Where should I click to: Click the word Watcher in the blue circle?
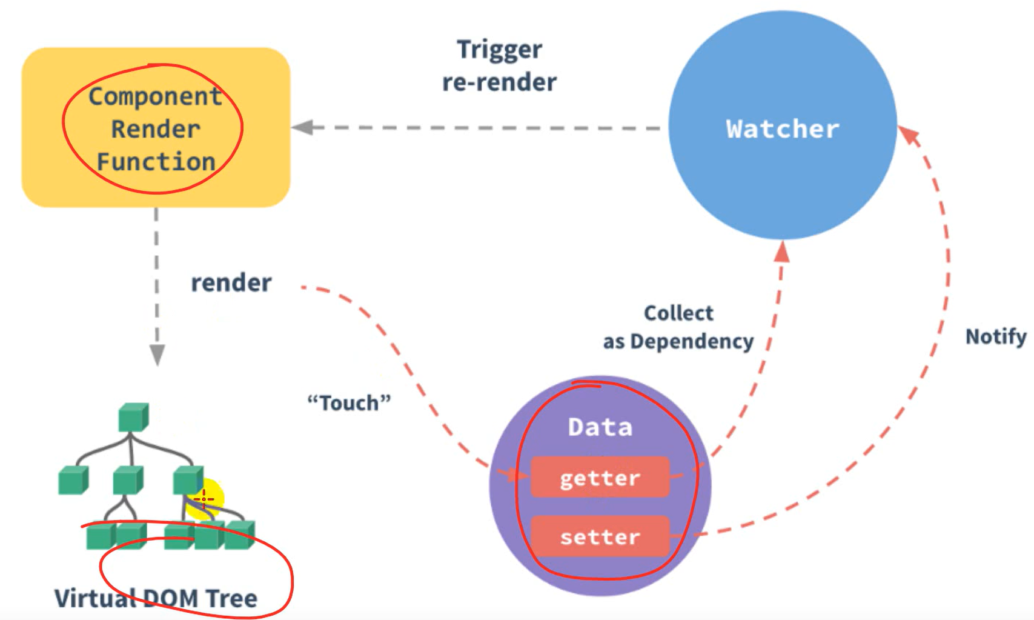(783, 129)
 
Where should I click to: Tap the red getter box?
(600, 478)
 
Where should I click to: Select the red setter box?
(600, 537)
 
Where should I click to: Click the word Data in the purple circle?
(600, 427)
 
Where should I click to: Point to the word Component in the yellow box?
(155, 96)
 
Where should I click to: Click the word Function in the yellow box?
(156, 162)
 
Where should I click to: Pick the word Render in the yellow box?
(155, 129)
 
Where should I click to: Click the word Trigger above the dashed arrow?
(499, 50)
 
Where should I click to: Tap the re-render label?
(499, 82)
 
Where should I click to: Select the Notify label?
(995, 336)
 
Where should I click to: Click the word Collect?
(678, 313)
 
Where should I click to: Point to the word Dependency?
(692, 341)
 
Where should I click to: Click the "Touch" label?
(349, 402)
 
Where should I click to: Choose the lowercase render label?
(231, 283)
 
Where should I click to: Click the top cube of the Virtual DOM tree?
(133, 417)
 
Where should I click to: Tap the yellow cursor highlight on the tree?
(205, 498)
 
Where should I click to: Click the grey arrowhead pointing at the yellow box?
(302, 127)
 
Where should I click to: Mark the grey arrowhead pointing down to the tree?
(157, 355)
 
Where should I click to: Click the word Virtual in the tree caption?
(94, 598)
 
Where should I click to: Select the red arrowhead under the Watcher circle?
(782, 251)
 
